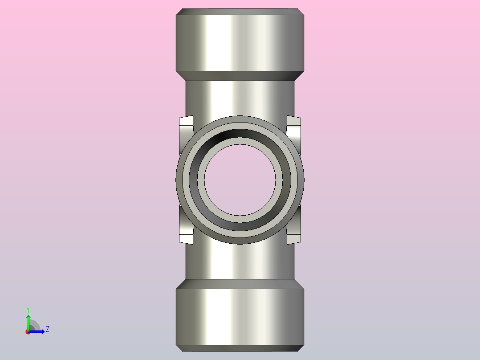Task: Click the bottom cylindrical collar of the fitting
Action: (x=240, y=316)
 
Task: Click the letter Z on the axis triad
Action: (x=47, y=329)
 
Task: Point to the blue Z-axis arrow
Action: (x=38, y=331)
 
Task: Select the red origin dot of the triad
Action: (x=28, y=332)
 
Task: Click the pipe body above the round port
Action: (x=240, y=98)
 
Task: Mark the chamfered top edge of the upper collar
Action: (x=240, y=12)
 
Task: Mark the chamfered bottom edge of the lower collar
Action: (x=240, y=348)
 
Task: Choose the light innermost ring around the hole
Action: (x=240, y=141)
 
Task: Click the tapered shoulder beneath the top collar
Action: (x=240, y=76)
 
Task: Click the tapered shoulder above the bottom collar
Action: (x=240, y=284)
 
